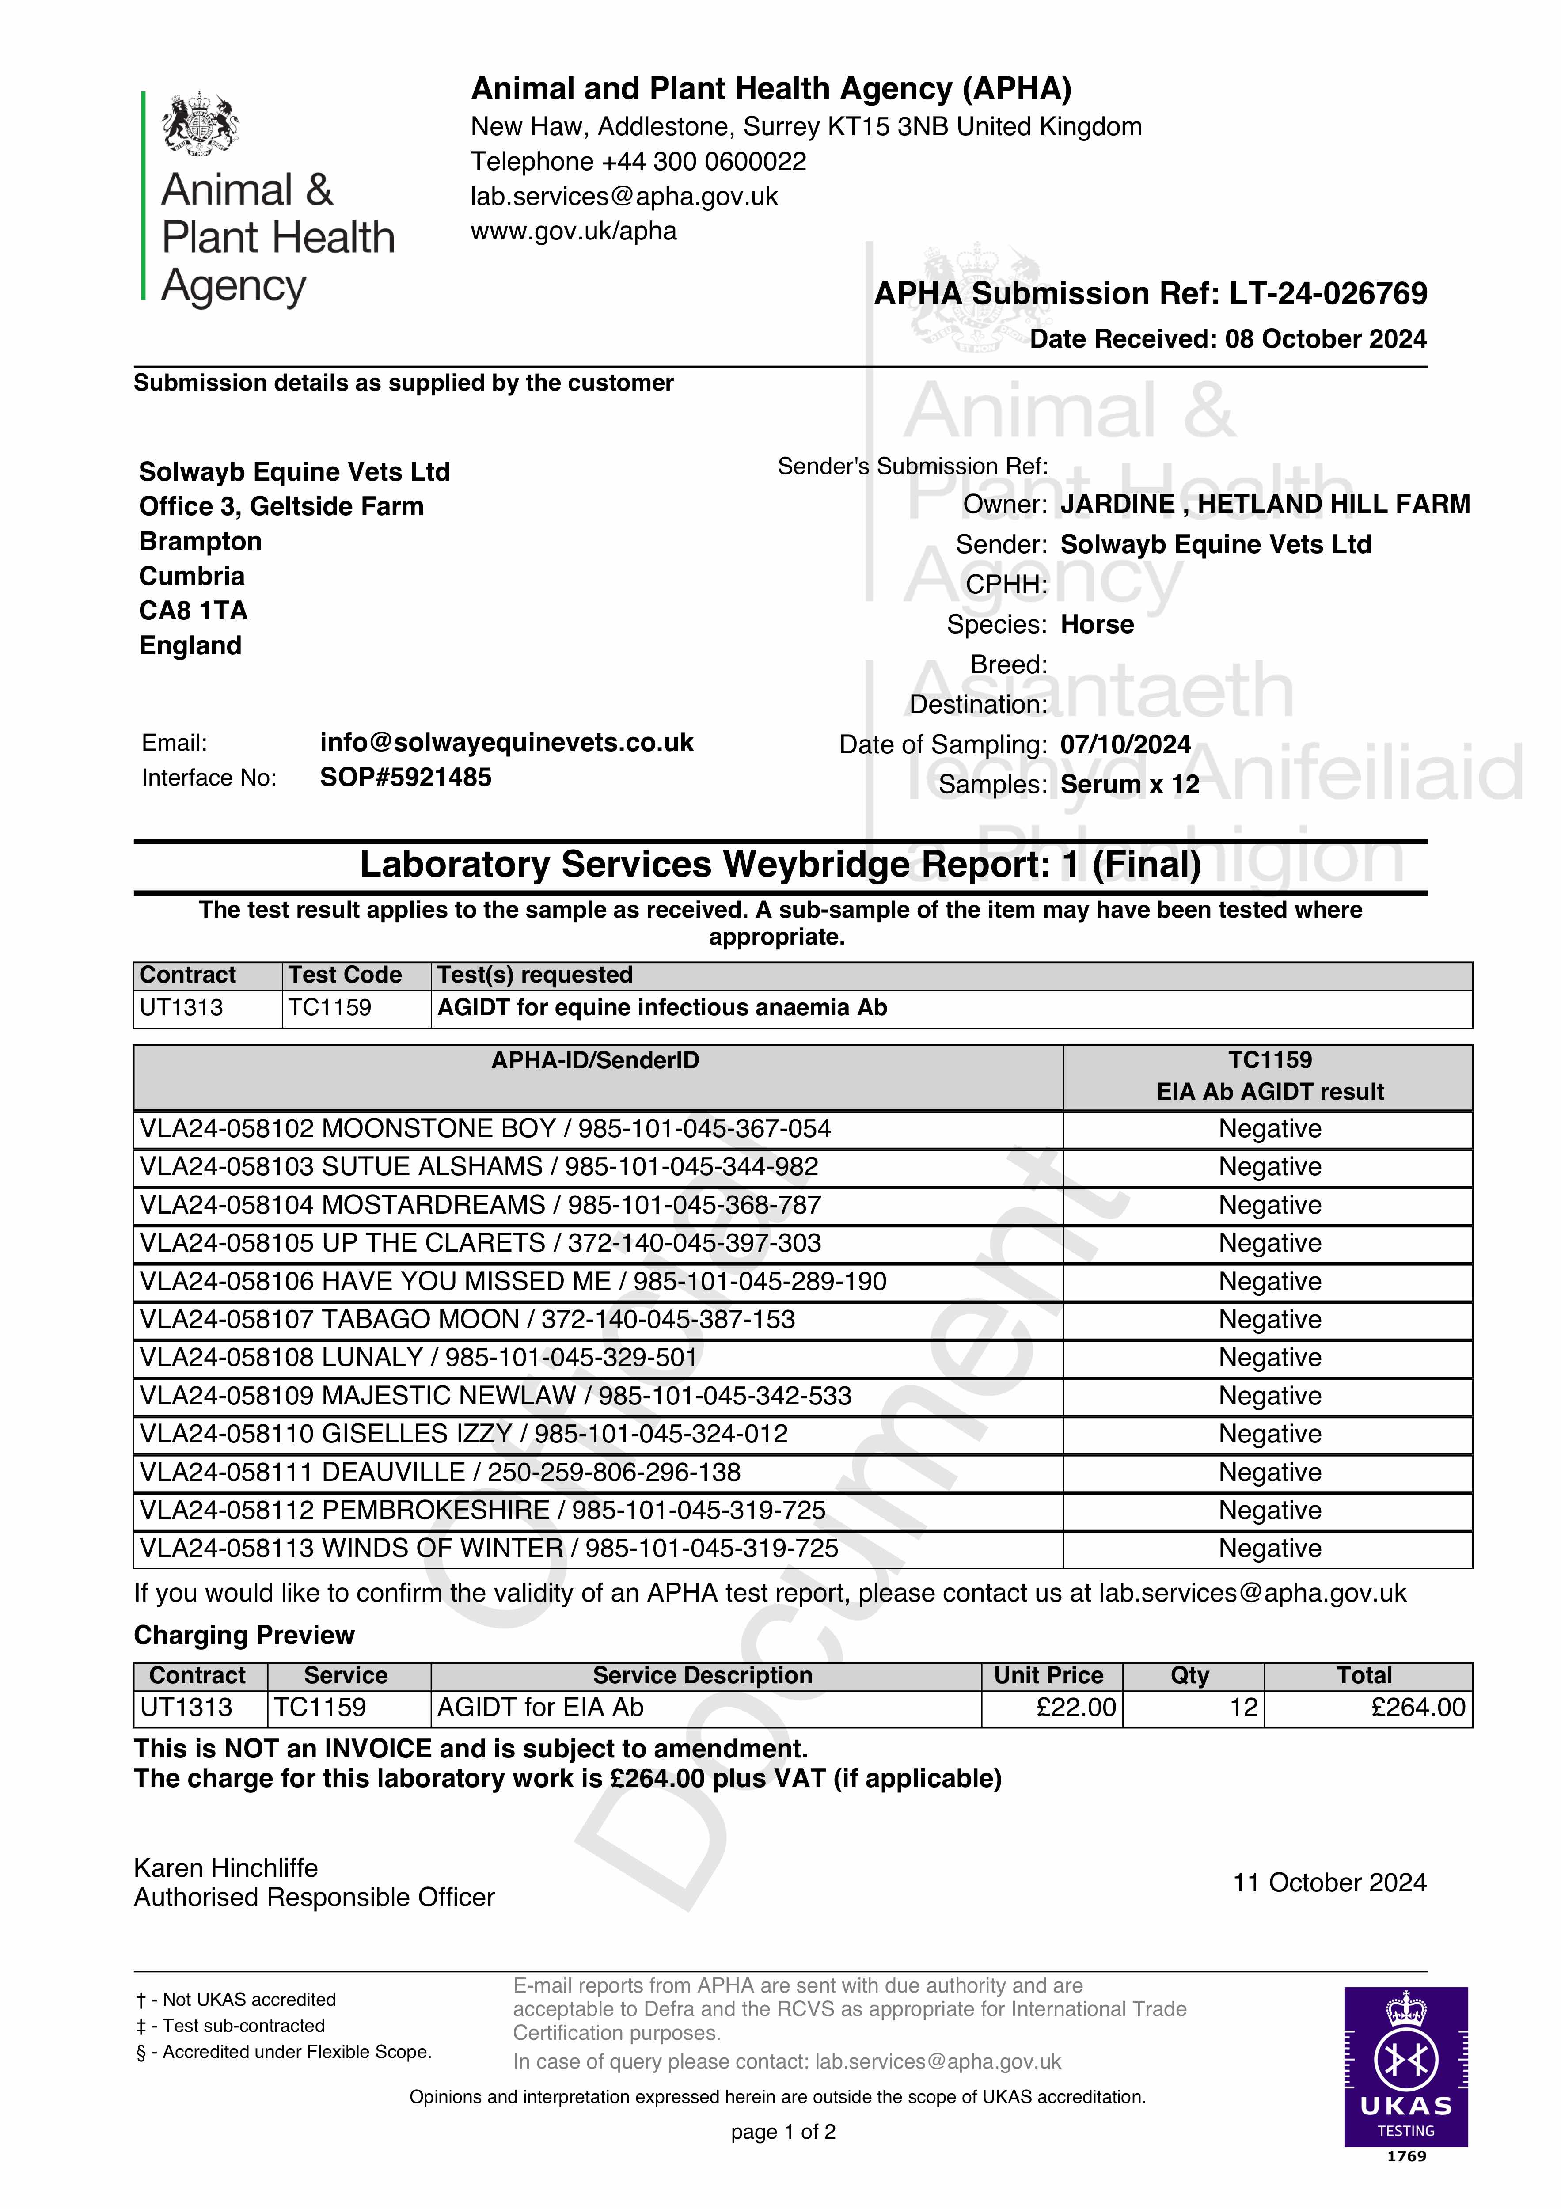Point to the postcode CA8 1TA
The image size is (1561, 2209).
(194, 611)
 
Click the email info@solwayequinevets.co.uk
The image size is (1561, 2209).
(506, 743)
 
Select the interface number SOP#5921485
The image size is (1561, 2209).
(405, 778)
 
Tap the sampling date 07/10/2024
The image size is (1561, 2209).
(1125, 745)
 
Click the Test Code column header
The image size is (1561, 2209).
(345, 975)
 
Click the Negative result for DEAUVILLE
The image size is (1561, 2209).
(1269, 1472)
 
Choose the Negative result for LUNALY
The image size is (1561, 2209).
(1269, 1358)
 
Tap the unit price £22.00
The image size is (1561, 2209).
(1076, 1708)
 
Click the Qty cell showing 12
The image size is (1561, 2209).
(1243, 1708)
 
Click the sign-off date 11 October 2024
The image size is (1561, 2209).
(1329, 1883)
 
